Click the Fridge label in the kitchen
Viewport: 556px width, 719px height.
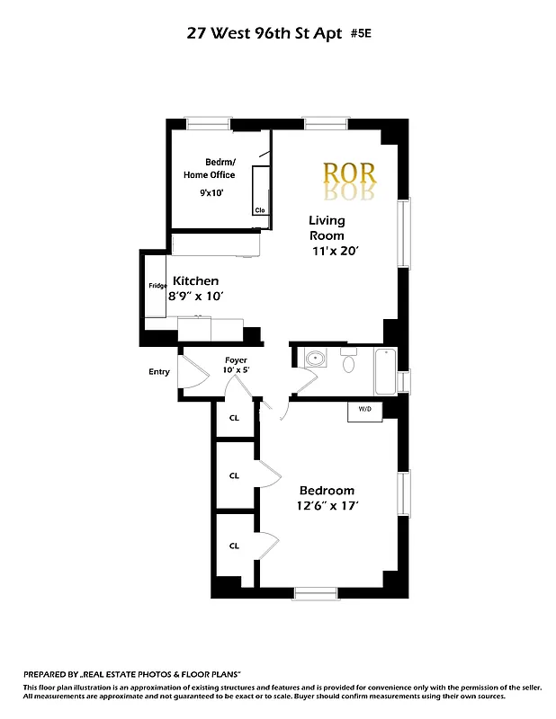[x=157, y=286]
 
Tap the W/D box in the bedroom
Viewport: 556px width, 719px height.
[x=365, y=410]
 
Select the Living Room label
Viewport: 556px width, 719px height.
[x=327, y=227]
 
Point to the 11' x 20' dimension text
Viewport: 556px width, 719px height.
[x=336, y=252]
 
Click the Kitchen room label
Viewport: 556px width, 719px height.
[x=196, y=280]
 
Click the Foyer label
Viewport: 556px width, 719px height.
[x=236, y=360]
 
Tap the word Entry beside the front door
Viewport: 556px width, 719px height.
[x=159, y=372]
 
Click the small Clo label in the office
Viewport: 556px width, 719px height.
[x=260, y=210]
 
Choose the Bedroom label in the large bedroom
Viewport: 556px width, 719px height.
[x=327, y=491]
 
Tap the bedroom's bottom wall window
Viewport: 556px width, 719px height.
[x=313, y=592]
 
